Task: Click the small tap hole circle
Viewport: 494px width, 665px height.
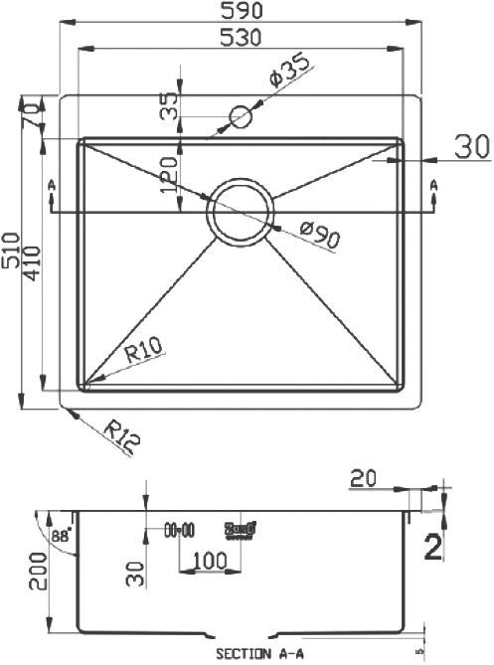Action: coord(241,117)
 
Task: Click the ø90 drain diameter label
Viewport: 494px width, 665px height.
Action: coord(320,237)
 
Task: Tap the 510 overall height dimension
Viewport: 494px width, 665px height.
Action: coord(11,252)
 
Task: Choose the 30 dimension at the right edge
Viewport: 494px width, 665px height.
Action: coord(473,147)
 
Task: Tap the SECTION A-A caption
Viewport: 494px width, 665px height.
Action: coord(257,654)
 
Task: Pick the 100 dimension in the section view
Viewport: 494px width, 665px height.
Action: coord(206,561)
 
